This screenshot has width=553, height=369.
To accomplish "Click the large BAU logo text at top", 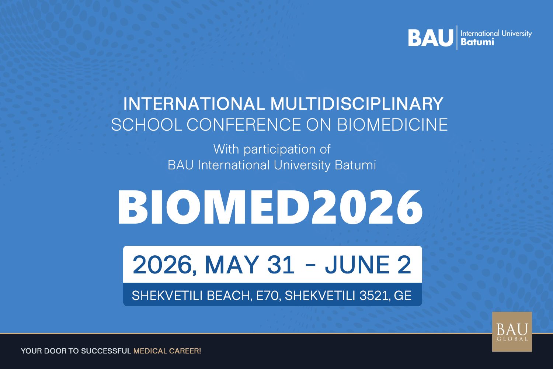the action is click(x=431, y=38).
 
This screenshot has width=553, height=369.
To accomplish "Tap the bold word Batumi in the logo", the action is click(x=477, y=42).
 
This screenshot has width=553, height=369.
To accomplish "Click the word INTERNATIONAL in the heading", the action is click(x=194, y=104).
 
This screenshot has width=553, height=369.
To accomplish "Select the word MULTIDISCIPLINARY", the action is click(x=357, y=104).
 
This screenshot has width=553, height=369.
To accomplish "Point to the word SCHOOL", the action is click(x=147, y=125).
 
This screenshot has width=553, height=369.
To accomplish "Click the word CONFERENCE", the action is click(x=244, y=125).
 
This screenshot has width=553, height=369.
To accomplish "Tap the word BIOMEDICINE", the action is click(x=393, y=125).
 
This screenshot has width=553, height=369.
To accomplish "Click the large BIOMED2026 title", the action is click(x=270, y=207).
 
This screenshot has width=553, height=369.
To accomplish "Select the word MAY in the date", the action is click(x=232, y=265).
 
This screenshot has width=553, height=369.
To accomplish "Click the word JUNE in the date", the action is click(x=357, y=265).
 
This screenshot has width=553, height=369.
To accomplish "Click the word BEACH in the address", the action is click(x=229, y=296).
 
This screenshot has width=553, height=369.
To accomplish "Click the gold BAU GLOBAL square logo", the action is click(x=512, y=332).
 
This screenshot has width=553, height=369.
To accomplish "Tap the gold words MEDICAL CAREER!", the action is click(x=167, y=351).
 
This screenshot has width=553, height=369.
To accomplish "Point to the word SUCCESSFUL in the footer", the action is click(x=106, y=351).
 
